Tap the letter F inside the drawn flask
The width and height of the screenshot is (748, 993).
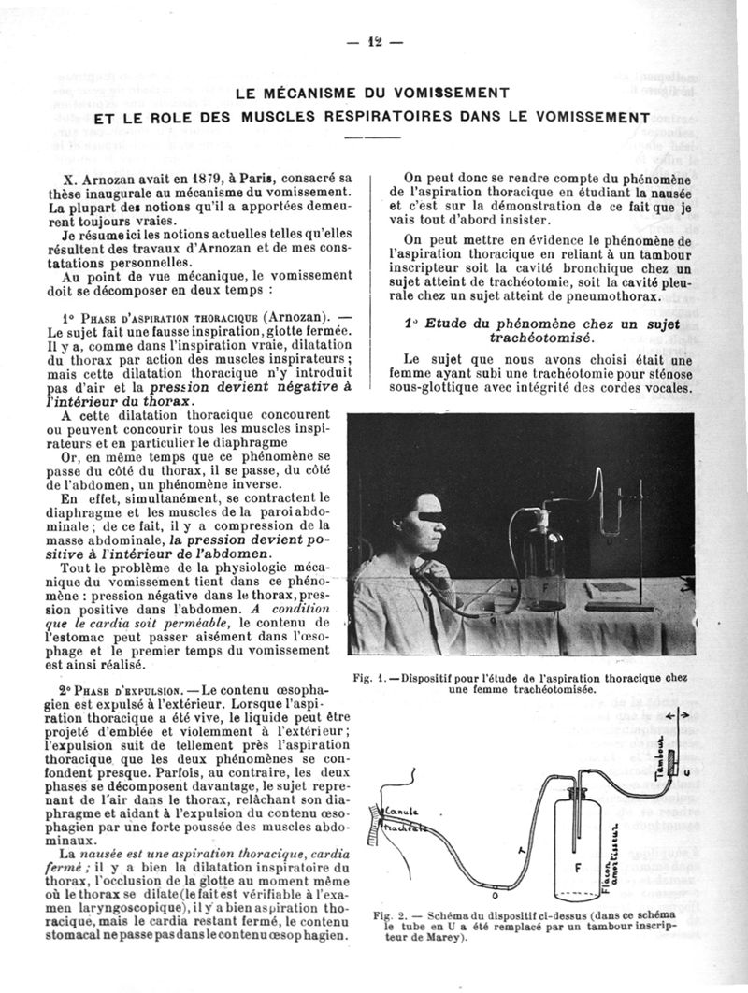click(579, 866)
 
